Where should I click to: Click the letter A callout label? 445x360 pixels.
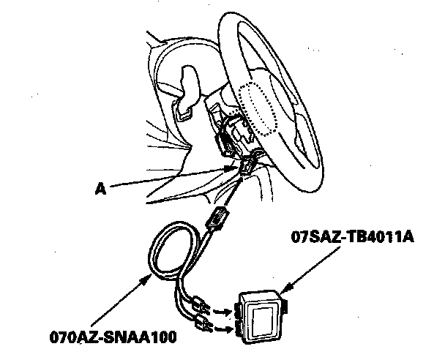click(x=100, y=188)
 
